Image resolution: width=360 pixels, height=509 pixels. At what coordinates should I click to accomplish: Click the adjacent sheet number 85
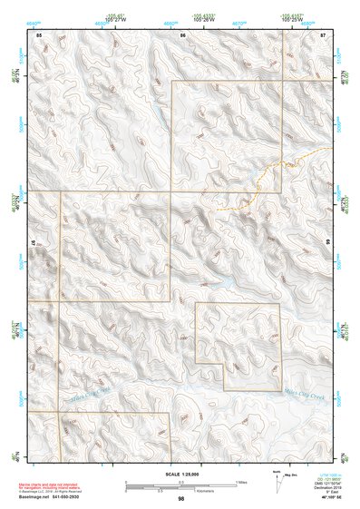(x=39, y=34)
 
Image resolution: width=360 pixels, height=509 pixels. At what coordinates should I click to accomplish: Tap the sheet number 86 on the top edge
(x=183, y=34)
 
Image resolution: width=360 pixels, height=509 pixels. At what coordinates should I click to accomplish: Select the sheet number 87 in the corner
(x=323, y=34)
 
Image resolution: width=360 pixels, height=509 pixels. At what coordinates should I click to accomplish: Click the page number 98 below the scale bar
(x=181, y=499)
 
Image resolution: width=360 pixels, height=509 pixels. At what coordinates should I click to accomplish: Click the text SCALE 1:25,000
(x=181, y=474)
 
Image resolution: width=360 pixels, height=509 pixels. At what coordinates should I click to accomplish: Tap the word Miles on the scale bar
(x=241, y=481)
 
